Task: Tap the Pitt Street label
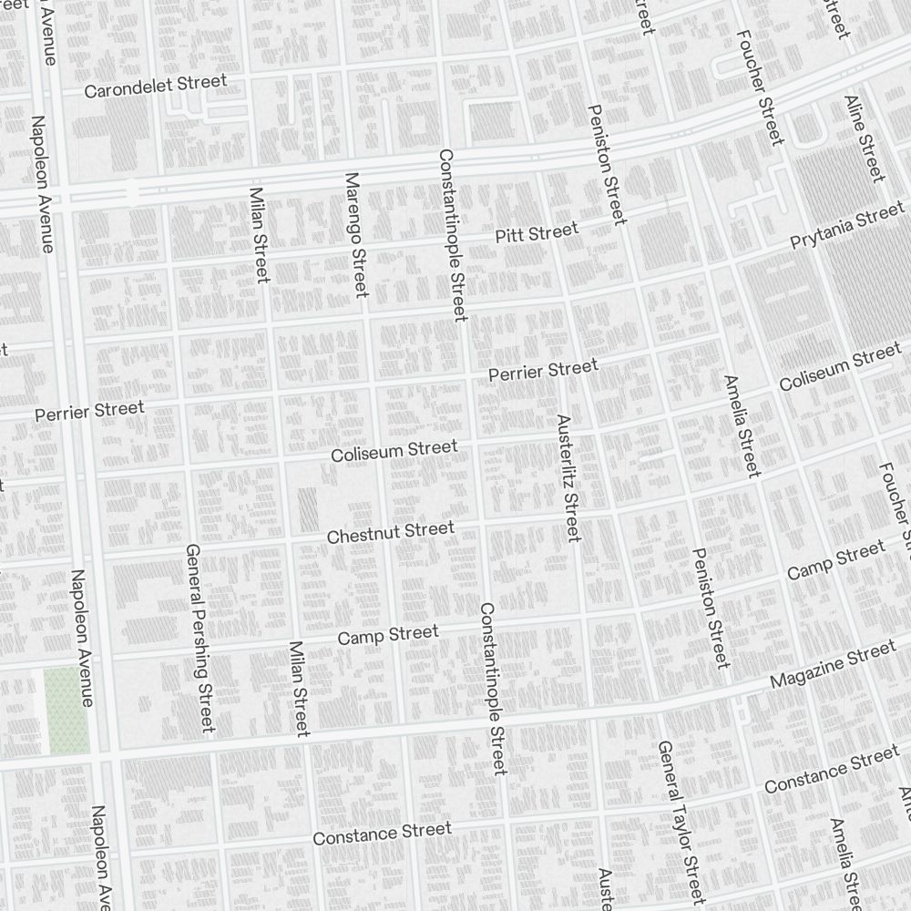point(537,234)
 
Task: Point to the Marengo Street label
point(354,234)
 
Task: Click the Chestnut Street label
point(390,533)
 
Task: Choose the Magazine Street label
point(833,667)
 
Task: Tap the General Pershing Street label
point(199,638)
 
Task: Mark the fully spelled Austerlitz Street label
point(568,478)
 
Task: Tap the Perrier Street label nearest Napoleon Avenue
point(89,411)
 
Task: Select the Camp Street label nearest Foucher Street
point(834,560)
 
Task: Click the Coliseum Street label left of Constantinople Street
point(394,450)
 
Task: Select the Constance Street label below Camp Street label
point(382,833)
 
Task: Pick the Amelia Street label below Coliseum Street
point(741,425)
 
